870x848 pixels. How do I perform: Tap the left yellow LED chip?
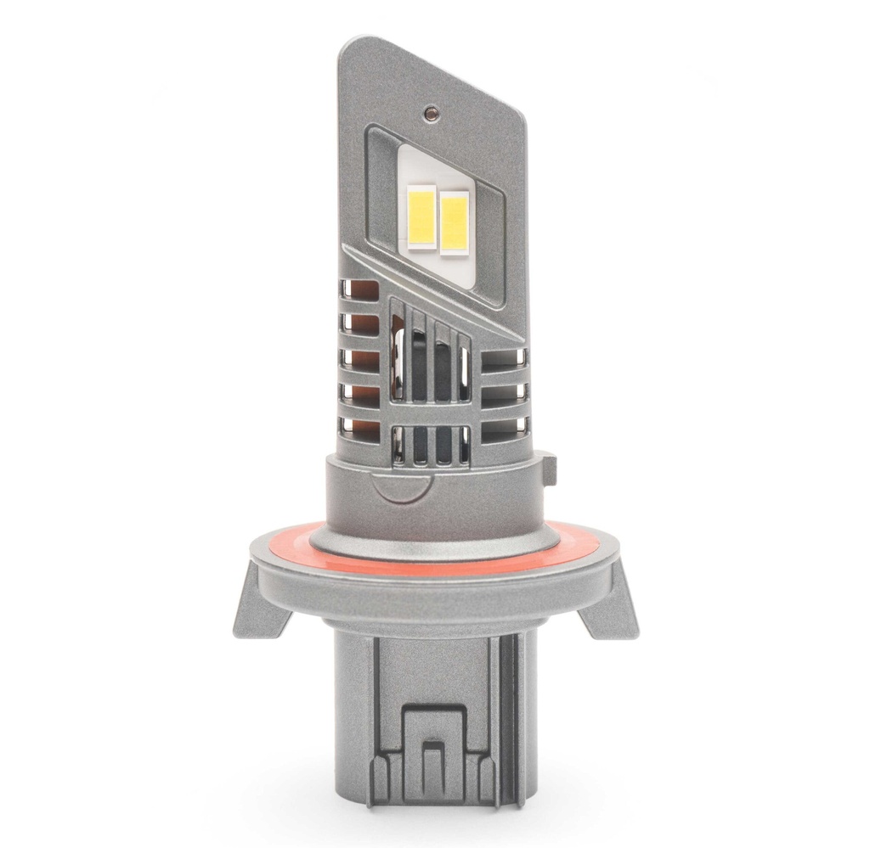pyautogui.click(x=422, y=217)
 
